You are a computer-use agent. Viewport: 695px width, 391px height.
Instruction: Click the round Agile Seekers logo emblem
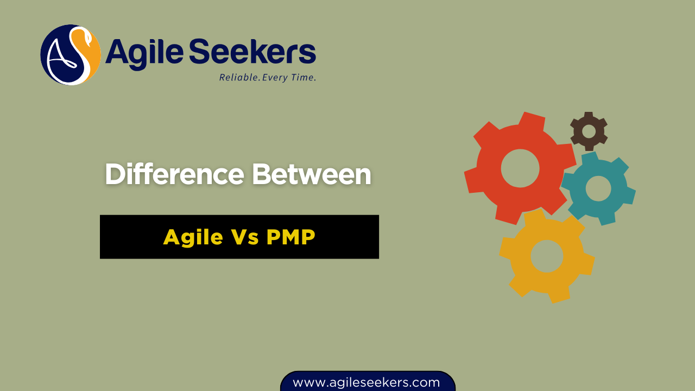point(71,55)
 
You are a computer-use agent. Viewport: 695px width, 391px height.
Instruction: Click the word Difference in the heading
point(174,175)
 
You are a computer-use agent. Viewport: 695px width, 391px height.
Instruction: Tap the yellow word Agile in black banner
point(193,237)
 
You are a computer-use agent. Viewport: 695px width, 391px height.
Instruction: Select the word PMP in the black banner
point(290,237)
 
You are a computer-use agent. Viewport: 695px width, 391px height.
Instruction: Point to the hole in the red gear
point(520,168)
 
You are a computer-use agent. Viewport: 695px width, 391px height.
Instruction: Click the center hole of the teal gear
point(598,188)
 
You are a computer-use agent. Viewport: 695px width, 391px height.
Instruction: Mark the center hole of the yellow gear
point(547,256)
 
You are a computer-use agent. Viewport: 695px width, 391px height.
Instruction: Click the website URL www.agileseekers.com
point(367,382)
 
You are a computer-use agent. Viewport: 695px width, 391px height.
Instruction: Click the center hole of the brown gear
point(589,131)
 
